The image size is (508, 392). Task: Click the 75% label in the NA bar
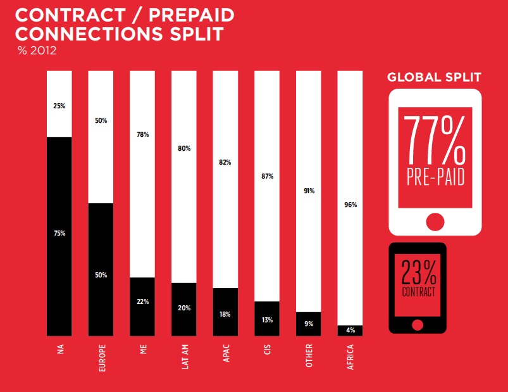59,234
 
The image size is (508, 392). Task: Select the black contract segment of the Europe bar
101,269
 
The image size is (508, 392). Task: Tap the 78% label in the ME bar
142,134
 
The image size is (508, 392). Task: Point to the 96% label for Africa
350,205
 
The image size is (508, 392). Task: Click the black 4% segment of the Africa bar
350,330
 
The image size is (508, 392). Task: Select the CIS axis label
268,355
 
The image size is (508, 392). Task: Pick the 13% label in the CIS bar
268,320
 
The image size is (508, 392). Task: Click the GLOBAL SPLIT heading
434,78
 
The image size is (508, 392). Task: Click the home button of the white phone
435,222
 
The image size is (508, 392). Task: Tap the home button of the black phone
417,325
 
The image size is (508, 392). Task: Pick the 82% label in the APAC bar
226,163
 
